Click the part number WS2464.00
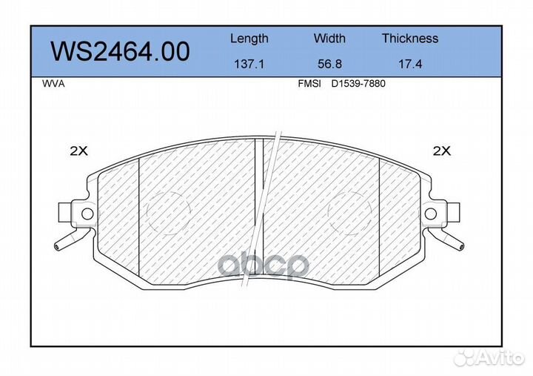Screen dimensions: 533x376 coord(120,52)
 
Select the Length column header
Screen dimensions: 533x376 coord(249,39)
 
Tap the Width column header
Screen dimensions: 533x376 coord(329,38)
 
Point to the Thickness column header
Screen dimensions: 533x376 coord(410,38)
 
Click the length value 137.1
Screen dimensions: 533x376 coord(249,64)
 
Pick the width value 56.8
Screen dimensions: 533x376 coord(329,64)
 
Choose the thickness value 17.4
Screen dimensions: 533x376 coord(410,64)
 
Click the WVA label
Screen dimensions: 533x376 coord(53,84)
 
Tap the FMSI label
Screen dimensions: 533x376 coord(309,84)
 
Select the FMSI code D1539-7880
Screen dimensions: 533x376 coord(358,84)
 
